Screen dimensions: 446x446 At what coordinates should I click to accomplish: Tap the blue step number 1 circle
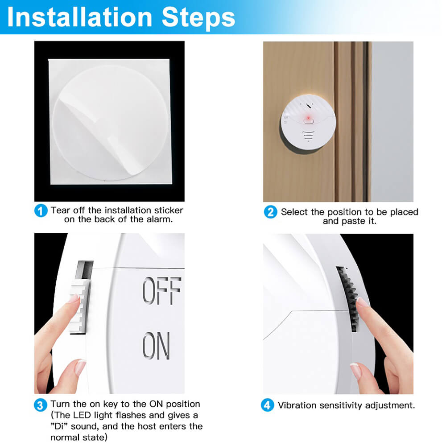pos(41,211)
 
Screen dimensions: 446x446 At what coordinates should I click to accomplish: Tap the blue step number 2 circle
pos(270,212)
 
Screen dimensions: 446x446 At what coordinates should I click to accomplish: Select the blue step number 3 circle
pos(41,405)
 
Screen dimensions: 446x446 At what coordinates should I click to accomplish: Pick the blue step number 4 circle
pos(267,405)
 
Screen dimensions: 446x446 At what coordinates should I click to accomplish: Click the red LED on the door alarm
pos(307,118)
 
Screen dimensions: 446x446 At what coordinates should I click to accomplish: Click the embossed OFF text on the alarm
pos(161,291)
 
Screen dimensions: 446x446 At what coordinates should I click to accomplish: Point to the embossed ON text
pos(156,346)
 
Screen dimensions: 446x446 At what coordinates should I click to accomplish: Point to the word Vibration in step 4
pos(297,405)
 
